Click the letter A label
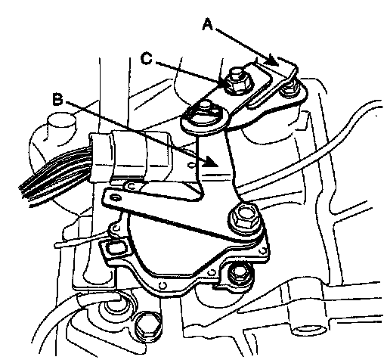pyautogui.click(x=208, y=24)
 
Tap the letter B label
pyautogui.click(x=57, y=99)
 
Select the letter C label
pyautogui.click(x=147, y=58)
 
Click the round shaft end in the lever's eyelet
pyautogui.click(x=206, y=113)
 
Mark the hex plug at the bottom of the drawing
pyautogui.click(x=148, y=327)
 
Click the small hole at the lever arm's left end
pyautogui.click(x=116, y=197)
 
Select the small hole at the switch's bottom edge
pyautogui.click(x=163, y=285)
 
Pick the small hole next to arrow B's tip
pyautogui.click(x=191, y=166)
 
